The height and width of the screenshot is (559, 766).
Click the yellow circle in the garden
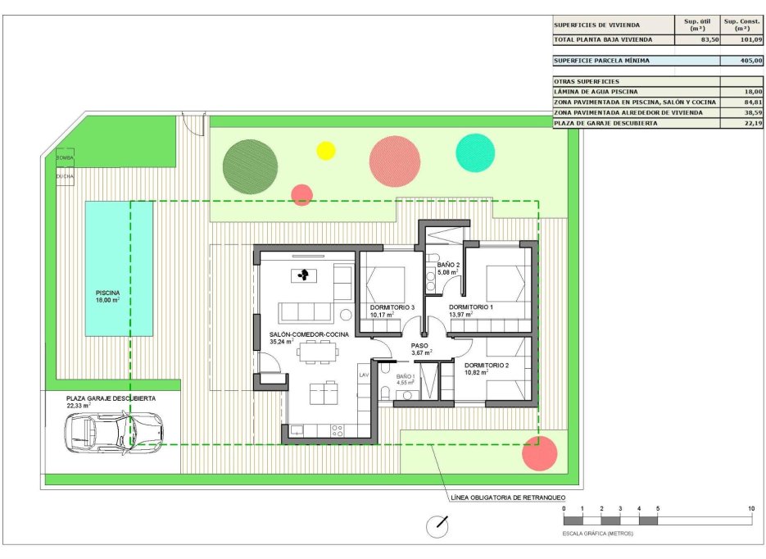326,150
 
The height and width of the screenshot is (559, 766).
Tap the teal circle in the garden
475,152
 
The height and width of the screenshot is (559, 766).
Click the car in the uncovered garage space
116,429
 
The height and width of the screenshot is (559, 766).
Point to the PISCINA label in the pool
107,293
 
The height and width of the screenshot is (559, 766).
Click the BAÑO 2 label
447,265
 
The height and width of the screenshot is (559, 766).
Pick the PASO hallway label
420,346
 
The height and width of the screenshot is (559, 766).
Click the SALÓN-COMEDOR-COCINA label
309,335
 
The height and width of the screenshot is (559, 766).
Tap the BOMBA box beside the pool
64,157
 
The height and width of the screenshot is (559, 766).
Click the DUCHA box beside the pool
64,176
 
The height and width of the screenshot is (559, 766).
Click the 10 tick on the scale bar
751,510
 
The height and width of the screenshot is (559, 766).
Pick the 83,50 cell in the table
696,39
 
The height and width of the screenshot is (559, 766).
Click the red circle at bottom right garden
539,453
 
